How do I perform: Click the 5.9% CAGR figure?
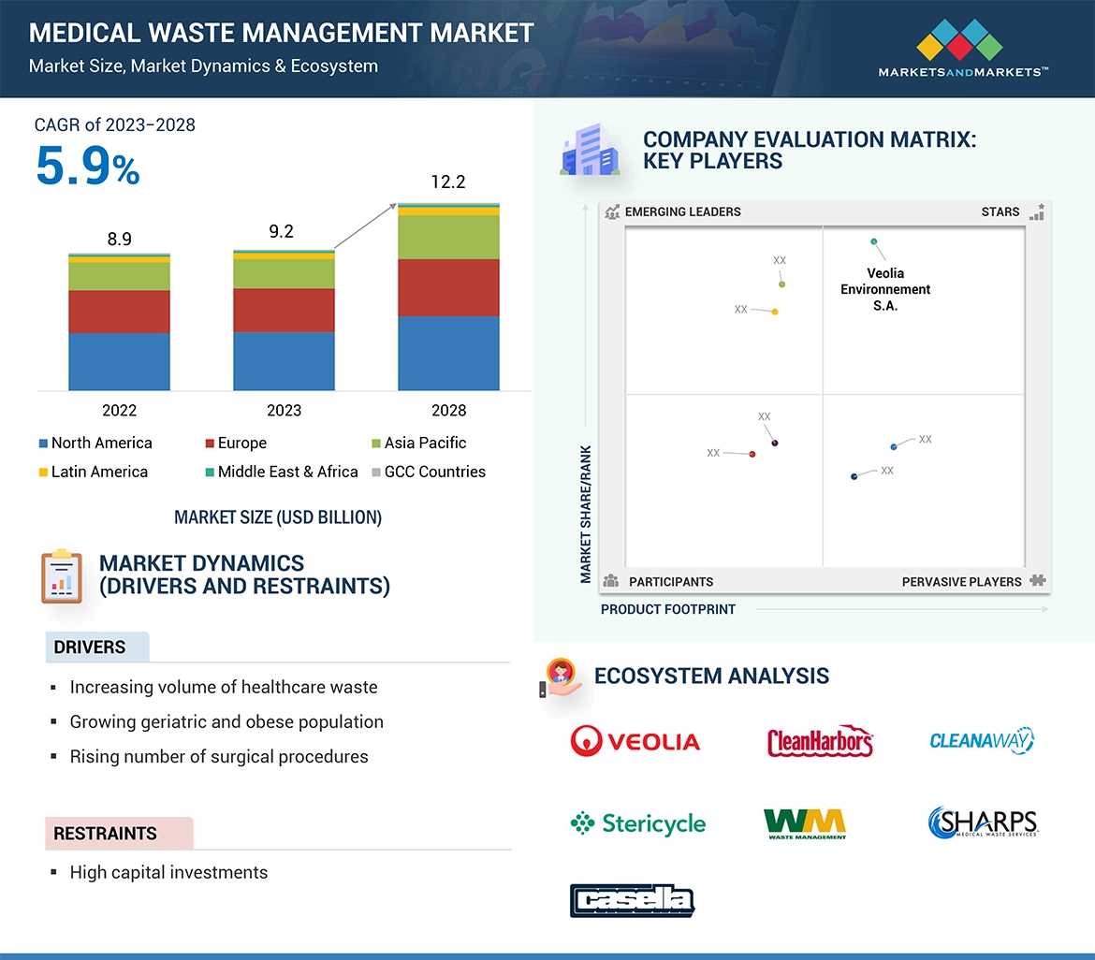(87, 167)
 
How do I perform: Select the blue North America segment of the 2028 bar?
(448, 353)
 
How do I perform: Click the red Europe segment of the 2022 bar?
(119, 312)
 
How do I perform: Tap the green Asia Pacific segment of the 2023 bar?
(284, 274)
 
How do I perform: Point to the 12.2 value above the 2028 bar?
(448, 182)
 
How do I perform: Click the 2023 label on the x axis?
(284, 410)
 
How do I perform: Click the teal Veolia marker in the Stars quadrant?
(874, 241)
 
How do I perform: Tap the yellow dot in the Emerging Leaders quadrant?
(775, 312)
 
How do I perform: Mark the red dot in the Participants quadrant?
(752, 455)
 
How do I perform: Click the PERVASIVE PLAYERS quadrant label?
(961, 581)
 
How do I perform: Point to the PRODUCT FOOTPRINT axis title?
(668, 609)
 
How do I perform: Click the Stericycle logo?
(638, 823)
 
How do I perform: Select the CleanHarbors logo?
(820, 742)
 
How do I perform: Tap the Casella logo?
(633, 900)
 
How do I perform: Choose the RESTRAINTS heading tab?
(105, 833)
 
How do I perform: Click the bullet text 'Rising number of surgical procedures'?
(219, 756)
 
